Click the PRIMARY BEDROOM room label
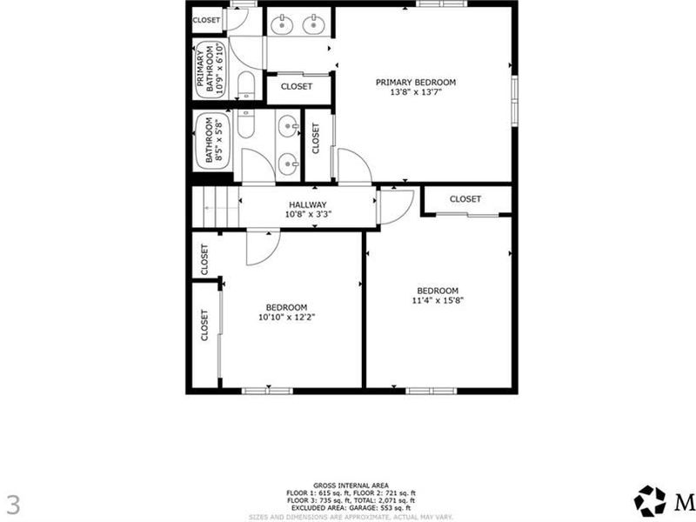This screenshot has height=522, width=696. (415, 83)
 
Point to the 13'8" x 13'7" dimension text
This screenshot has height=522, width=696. (415, 93)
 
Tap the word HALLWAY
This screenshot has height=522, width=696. (308, 204)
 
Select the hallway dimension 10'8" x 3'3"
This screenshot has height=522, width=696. (308, 214)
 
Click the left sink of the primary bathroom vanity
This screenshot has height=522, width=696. (281, 24)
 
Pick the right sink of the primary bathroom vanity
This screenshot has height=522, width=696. (313, 24)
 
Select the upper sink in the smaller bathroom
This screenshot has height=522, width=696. (287, 129)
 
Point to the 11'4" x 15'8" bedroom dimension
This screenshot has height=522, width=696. (437, 301)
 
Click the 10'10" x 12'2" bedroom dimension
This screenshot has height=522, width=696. (286, 317)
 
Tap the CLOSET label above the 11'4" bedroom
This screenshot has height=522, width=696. (465, 199)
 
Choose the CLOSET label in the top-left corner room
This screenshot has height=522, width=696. (206, 20)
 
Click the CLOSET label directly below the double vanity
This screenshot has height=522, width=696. (297, 87)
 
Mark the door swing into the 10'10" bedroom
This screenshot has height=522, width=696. (261, 249)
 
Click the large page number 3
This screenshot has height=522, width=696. (12, 504)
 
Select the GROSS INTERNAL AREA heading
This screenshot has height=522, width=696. (351, 485)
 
